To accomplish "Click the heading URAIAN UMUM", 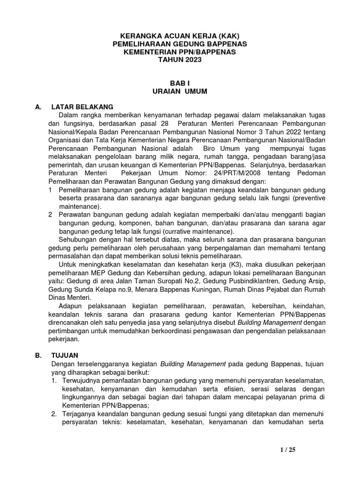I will pyautogui.click(x=180, y=91).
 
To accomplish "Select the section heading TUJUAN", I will pyautogui.click(x=65, y=355).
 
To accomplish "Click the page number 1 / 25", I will pyautogui.click(x=288, y=450).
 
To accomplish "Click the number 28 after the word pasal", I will pyautogui.click(x=164, y=123).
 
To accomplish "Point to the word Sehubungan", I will pyautogui.click(x=77, y=240).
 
